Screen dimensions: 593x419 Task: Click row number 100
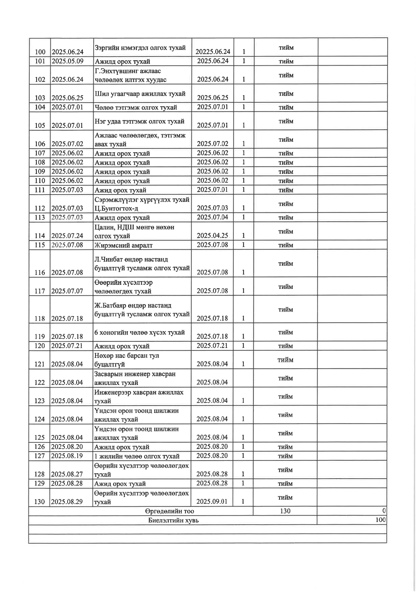tap(40, 52)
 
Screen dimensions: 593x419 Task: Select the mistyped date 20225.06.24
tap(213, 51)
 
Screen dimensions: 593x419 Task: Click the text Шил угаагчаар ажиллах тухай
tap(140, 94)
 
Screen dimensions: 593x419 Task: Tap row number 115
tap(40, 245)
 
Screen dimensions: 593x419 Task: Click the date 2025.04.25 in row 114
tap(212, 235)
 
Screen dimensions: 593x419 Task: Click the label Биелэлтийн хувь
tap(173, 520)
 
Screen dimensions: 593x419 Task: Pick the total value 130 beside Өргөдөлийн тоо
tap(285, 511)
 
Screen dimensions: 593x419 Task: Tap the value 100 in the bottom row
tap(380, 520)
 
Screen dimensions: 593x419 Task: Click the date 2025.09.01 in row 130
tap(212, 501)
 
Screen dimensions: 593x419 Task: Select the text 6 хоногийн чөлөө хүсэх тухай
tap(140, 332)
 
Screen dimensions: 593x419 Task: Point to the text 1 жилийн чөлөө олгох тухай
tap(137, 456)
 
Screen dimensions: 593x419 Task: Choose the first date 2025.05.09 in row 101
tap(67, 61)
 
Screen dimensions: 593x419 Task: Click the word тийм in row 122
tap(286, 378)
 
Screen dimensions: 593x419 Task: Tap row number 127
tap(40, 456)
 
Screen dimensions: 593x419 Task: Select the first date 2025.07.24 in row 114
tap(67, 236)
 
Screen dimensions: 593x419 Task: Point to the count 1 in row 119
tap(243, 336)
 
